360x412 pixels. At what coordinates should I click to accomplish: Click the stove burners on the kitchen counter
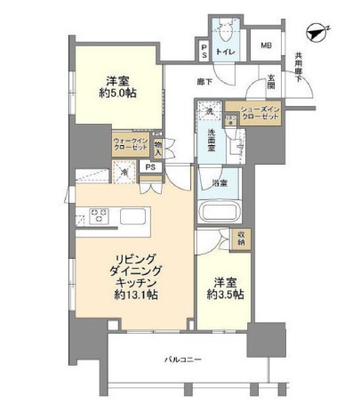click(x=96, y=215)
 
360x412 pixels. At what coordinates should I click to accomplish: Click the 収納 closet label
click(x=241, y=238)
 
